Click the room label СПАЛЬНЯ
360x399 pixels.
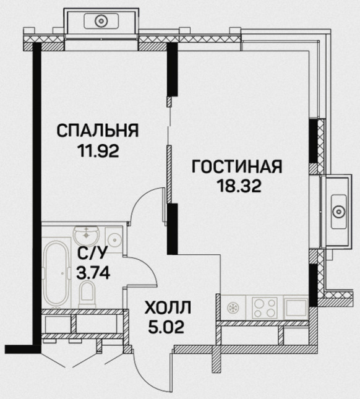coord(98,131)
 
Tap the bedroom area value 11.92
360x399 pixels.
coord(99,151)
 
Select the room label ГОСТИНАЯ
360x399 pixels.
coord(237,166)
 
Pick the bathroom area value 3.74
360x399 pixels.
coord(93,273)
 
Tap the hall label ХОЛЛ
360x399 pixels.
coord(168,307)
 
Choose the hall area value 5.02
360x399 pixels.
coord(166,327)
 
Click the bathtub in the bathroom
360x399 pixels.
coord(56,273)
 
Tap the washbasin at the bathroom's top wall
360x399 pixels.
coord(87,234)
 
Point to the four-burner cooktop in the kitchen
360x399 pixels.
coord(264,308)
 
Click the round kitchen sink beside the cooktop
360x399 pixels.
coord(233,307)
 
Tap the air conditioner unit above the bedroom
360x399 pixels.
coord(101,20)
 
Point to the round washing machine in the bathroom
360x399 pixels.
coord(114,239)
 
